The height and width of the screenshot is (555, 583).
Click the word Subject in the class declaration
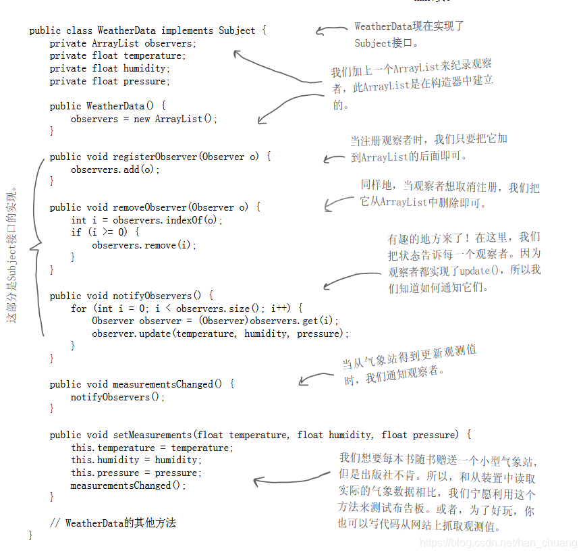pos(237,30)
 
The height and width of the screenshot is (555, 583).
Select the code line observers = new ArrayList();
pos(144,119)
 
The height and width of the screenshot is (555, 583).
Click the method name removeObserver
pos(149,207)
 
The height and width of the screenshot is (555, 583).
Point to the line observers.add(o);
pos(115,169)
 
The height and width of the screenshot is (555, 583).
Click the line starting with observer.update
pos(221,334)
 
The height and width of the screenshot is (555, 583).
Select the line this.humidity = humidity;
pos(136,460)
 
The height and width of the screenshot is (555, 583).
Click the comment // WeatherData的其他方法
pos(113,523)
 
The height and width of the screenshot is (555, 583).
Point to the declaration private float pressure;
pos(110,81)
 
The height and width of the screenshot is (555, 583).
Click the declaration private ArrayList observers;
pos(123,43)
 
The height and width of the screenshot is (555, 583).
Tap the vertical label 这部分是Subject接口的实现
pos(12,254)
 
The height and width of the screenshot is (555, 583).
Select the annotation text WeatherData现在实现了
pos(409,26)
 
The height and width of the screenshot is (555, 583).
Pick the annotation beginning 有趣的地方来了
pos(464,263)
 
